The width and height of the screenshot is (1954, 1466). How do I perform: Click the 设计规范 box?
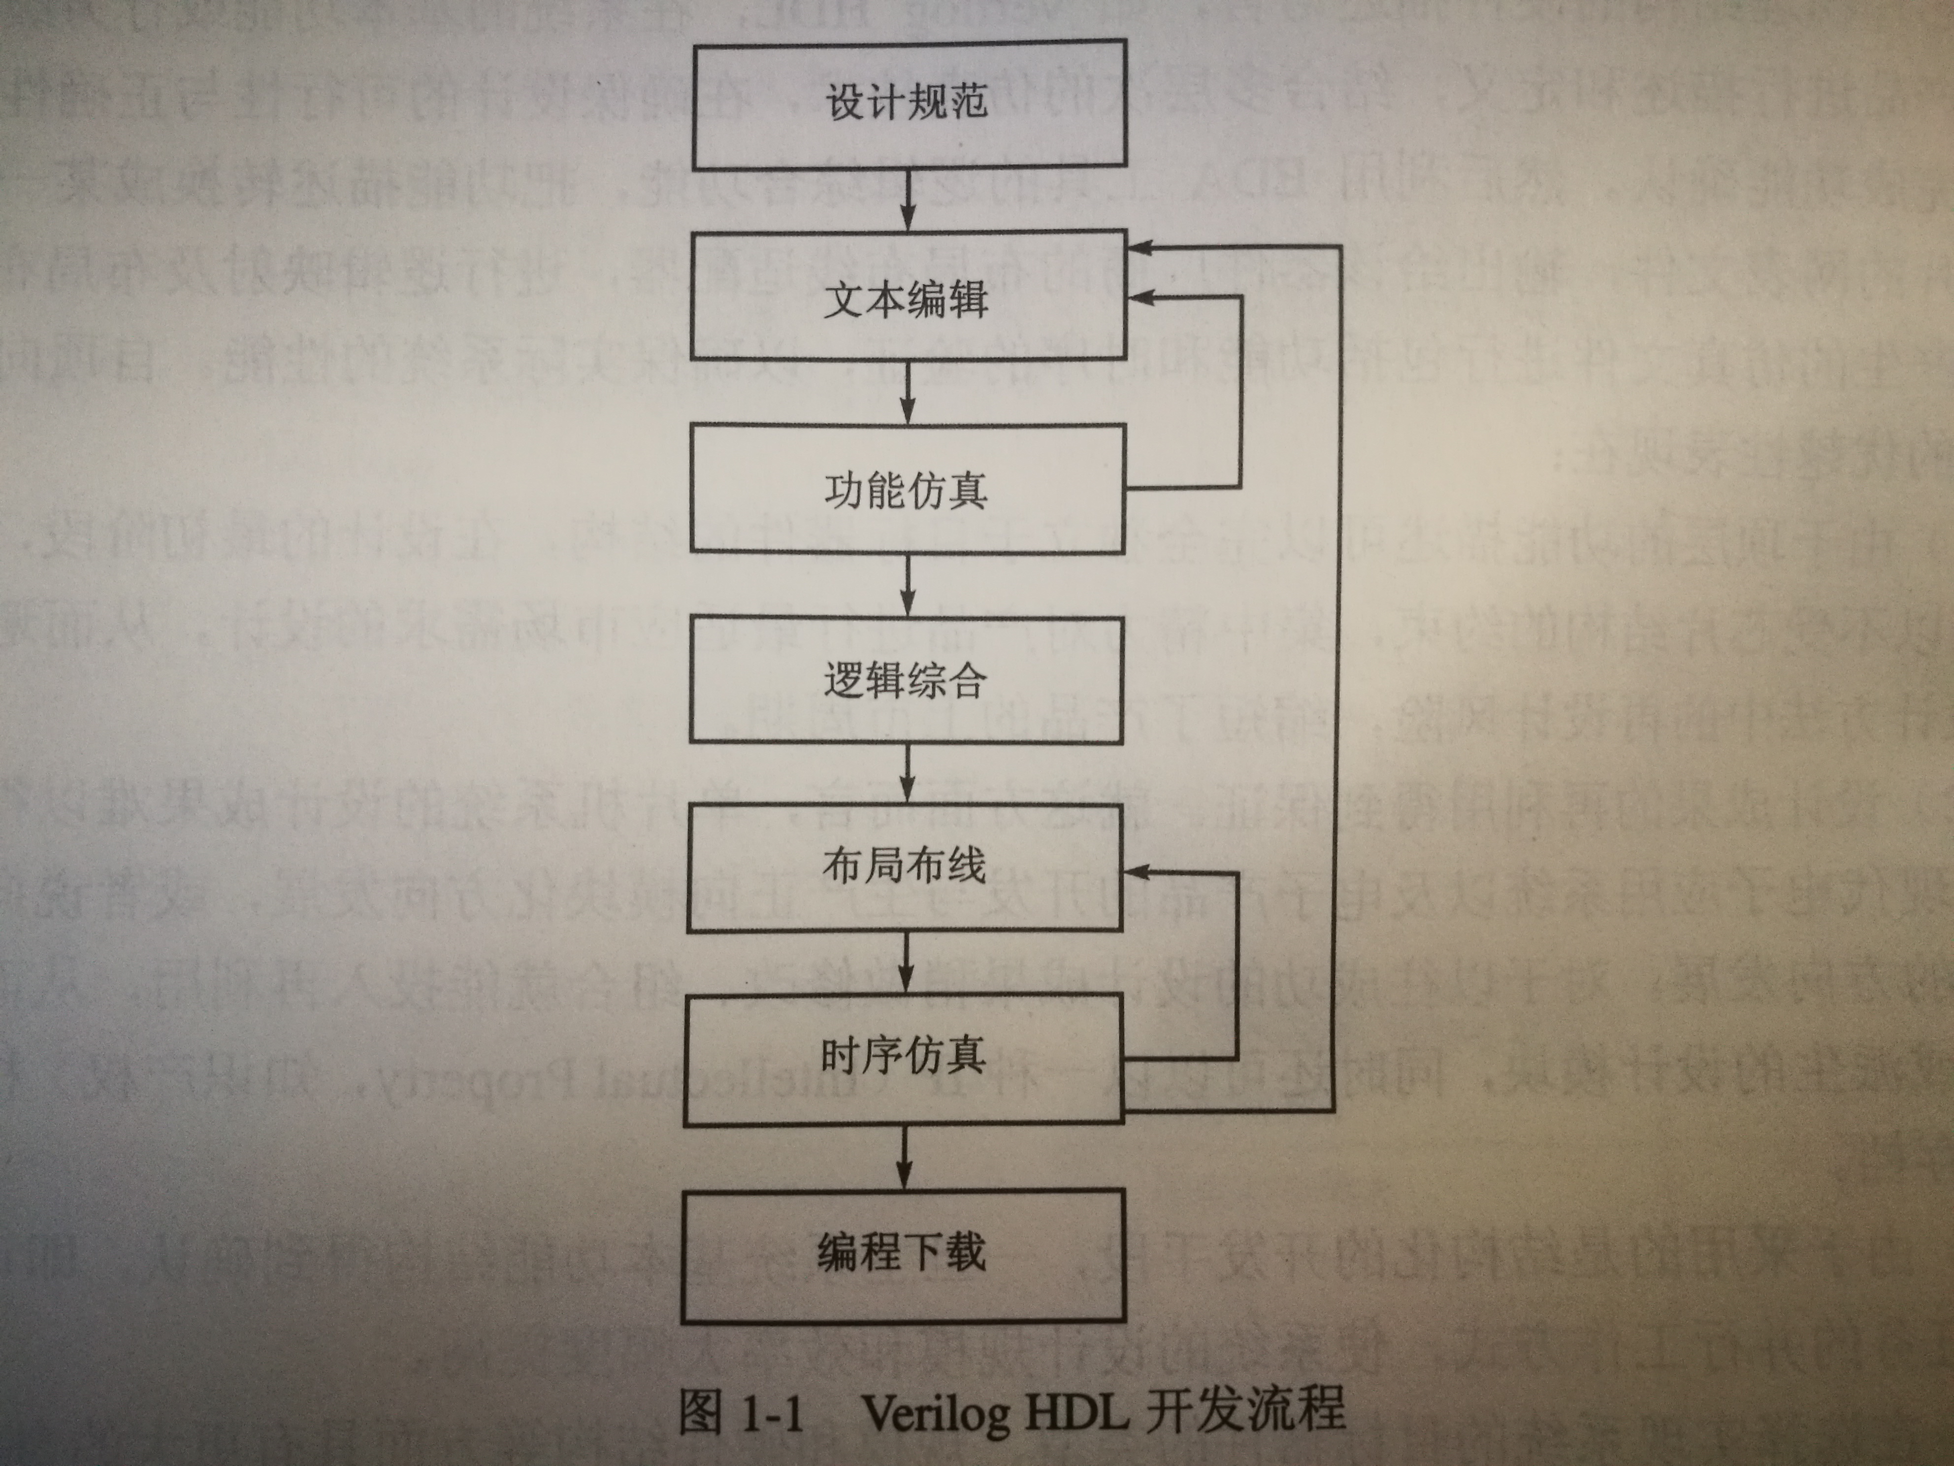[x=908, y=104]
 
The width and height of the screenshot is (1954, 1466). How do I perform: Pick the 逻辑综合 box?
[x=906, y=679]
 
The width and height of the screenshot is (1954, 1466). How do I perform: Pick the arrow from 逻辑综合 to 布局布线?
[x=906, y=773]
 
